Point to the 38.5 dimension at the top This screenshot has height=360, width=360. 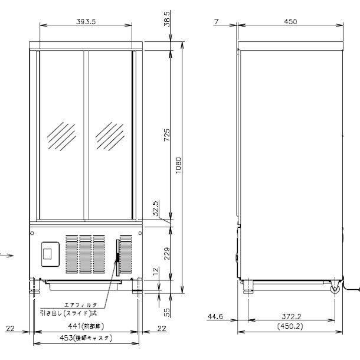click(x=167, y=18)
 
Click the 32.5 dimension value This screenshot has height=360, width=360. click(x=156, y=209)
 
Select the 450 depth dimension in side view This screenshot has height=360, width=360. click(x=290, y=21)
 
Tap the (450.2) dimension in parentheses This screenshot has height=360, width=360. click(x=291, y=326)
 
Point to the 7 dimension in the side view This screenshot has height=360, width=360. click(x=217, y=21)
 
